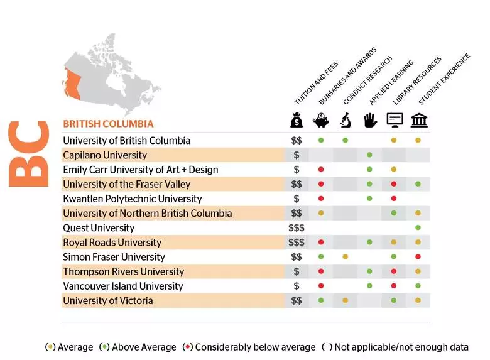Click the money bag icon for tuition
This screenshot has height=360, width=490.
tap(297, 120)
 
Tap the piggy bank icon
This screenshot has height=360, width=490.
tap(320, 120)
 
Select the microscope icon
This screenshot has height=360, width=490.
tap(345, 120)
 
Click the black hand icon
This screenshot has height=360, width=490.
tap(369, 120)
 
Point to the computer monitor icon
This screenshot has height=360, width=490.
tap(394, 120)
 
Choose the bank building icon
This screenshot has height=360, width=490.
tap(418, 120)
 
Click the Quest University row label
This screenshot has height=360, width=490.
tap(99, 228)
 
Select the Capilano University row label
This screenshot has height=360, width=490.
tap(105, 155)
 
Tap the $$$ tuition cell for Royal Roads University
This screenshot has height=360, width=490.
tap(297, 243)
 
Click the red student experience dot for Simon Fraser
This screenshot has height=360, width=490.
tap(418, 257)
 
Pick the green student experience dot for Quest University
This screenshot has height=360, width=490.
tap(418, 228)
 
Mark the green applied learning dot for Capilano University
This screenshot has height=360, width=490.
tap(369, 155)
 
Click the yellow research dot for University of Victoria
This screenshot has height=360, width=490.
tap(345, 301)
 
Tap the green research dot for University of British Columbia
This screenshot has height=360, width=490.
tap(345, 140)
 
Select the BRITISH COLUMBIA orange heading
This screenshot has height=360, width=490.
tap(108, 124)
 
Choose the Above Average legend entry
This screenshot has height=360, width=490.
tap(139, 347)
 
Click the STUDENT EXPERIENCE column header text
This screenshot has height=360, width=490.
tap(444, 80)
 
